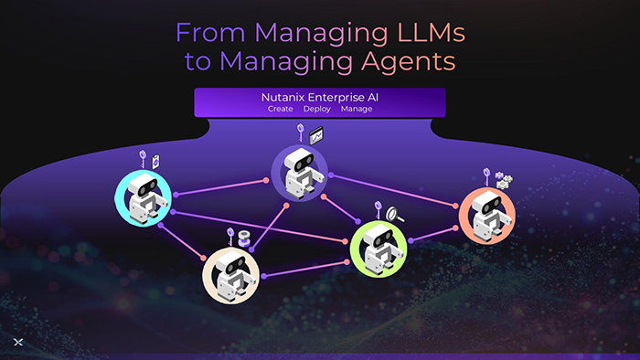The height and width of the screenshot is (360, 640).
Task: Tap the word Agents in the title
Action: pos(408,61)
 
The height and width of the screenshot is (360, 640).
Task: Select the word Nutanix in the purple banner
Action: pos(283,98)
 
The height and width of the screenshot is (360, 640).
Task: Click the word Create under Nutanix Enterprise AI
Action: pos(280,109)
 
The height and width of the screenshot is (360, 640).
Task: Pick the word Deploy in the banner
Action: pos(316,110)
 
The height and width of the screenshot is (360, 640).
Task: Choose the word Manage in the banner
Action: pos(357,110)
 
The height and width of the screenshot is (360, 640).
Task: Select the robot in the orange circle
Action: pos(491,216)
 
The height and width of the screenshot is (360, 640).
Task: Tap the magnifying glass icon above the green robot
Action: pos(395,214)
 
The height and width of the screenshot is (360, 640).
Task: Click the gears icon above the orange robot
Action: pos(504,180)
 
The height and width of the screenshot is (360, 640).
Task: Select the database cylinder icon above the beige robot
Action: pos(244,238)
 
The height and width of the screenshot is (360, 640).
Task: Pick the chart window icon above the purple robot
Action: pos(316,136)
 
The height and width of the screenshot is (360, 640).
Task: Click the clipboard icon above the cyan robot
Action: pos(155,162)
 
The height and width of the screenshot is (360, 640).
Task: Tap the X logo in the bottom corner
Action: pos(18,342)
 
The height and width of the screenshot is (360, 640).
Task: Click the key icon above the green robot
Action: pos(378,209)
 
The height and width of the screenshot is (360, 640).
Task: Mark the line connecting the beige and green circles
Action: pos(305,269)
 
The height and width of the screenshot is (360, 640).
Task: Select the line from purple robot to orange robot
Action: pos(393,191)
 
